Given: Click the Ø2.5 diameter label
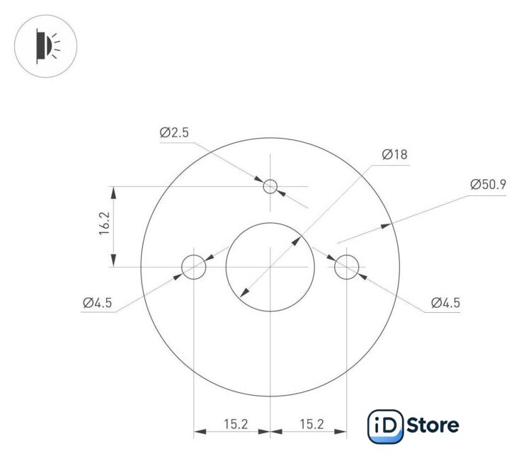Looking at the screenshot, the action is tap(174, 132).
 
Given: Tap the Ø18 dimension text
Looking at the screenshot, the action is tap(394, 154).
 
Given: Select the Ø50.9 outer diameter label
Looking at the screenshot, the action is tap(488, 185).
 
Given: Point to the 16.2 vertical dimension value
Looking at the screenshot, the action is tap(104, 224).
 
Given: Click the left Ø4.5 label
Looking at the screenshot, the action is tap(98, 303).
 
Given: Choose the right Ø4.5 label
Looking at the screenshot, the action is tap(445, 303).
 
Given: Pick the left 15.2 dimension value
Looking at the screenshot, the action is tap(236, 425).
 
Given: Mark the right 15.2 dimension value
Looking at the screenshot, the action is tap(311, 425).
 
